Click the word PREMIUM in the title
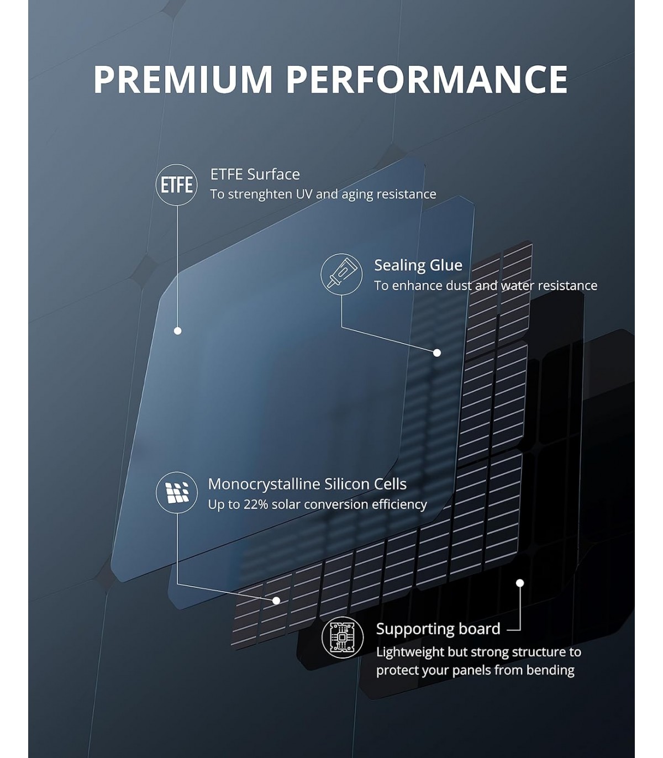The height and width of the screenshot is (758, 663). click(x=183, y=80)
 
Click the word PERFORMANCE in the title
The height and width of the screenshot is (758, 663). click(x=428, y=80)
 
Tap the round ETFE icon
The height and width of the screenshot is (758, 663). click(x=177, y=185)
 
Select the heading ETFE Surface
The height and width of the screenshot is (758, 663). click(x=255, y=174)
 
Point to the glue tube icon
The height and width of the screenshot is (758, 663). click(x=341, y=274)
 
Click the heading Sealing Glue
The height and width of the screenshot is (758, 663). click(x=418, y=265)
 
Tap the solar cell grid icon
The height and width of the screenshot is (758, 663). click(x=177, y=492)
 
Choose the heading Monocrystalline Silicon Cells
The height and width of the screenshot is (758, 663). click(x=307, y=484)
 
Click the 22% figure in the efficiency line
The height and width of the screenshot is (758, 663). click(x=256, y=504)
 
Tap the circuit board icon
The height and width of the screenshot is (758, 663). click(x=342, y=637)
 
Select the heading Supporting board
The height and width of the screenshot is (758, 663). click(x=438, y=629)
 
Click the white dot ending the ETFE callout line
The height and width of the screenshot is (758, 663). click(x=178, y=331)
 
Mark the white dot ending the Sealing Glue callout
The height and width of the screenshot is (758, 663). click(x=437, y=352)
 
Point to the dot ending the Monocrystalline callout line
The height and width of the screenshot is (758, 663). click(x=276, y=601)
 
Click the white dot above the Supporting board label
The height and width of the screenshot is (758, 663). click(x=520, y=583)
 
